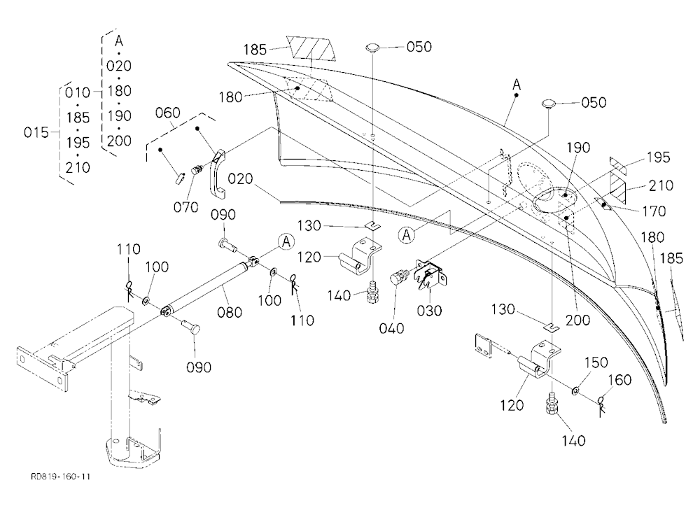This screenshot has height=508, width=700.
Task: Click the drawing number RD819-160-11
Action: (x=61, y=477)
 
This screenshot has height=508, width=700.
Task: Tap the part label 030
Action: (x=430, y=310)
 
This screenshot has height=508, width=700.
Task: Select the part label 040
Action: (x=391, y=328)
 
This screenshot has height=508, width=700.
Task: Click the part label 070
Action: (x=185, y=207)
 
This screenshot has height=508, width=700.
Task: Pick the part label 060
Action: (x=168, y=113)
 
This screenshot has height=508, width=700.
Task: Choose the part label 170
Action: (x=653, y=211)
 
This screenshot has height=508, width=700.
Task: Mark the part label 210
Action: (x=661, y=185)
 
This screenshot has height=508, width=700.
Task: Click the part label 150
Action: (x=596, y=362)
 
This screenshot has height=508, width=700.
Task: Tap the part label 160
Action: (x=620, y=380)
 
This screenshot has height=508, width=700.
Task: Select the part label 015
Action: (x=36, y=132)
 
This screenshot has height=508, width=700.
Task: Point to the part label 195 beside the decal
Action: (x=659, y=157)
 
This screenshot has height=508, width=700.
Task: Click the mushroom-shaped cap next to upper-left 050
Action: (x=372, y=47)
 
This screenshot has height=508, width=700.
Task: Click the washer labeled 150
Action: (x=576, y=391)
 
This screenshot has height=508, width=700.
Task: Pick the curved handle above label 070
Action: (x=217, y=174)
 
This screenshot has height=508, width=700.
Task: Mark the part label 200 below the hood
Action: (x=577, y=320)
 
